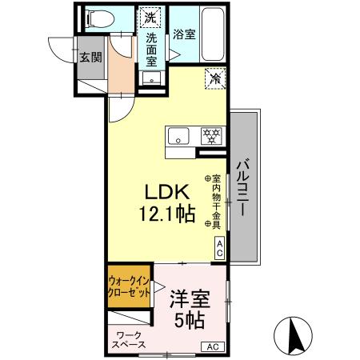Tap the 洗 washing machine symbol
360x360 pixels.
click(x=150, y=16)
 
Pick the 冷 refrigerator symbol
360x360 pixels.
click(x=214, y=78)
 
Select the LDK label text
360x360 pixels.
click(x=166, y=193)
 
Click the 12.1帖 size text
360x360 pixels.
click(x=166, y=214)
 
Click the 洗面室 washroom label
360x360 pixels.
click(x=150, y=46)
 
